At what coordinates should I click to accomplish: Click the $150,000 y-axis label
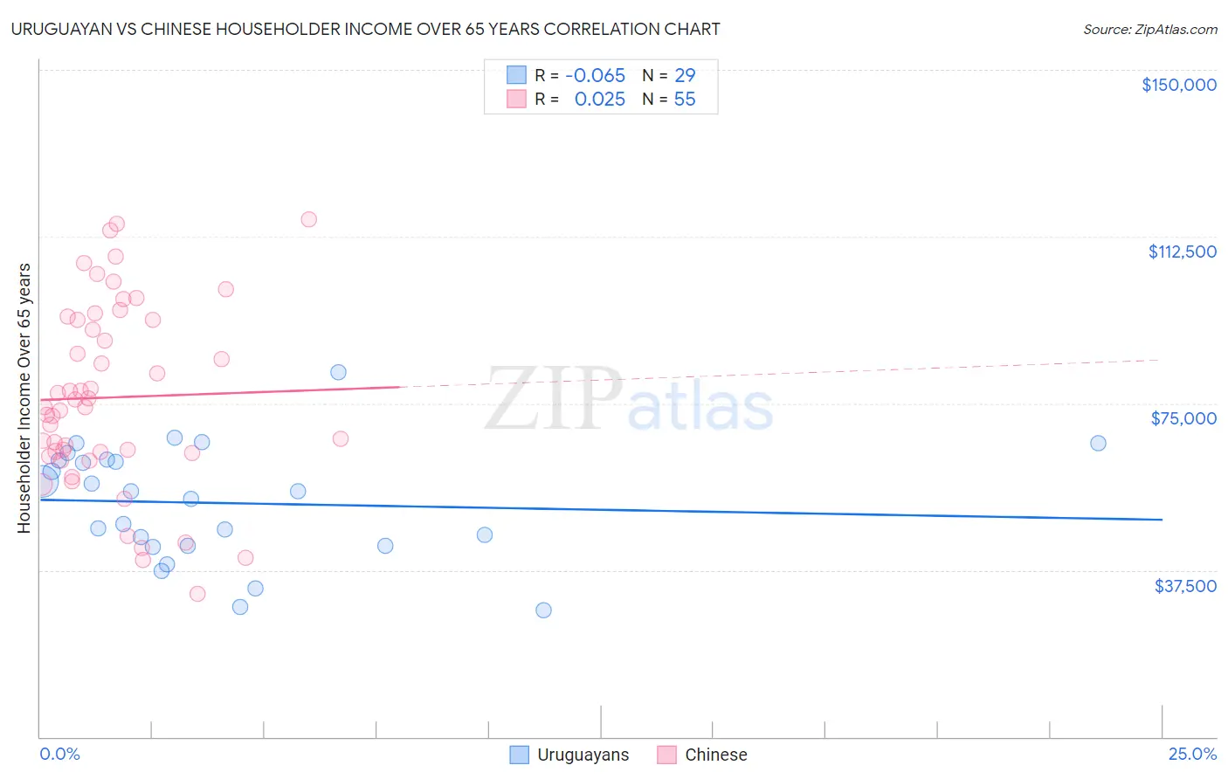1178,85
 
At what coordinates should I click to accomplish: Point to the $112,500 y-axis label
1182,252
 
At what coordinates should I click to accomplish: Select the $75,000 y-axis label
1183,418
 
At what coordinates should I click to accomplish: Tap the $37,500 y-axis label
1185,586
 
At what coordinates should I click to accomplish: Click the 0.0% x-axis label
59,755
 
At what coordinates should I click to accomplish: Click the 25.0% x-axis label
1192,755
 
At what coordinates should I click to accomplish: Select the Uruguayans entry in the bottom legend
583,755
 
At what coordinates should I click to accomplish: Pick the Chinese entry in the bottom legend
715,755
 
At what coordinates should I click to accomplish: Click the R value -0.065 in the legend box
595,75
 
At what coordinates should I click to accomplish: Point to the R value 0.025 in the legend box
599,100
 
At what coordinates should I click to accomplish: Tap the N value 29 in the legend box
685,75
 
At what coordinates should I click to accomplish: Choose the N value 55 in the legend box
685,100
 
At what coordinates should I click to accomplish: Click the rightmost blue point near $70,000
1098,443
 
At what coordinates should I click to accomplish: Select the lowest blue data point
543,610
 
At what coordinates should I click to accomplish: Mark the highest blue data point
338,372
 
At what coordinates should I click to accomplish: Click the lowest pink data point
197,594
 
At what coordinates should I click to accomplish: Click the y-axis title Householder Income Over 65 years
24,398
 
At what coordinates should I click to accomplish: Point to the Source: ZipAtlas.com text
1149,30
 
